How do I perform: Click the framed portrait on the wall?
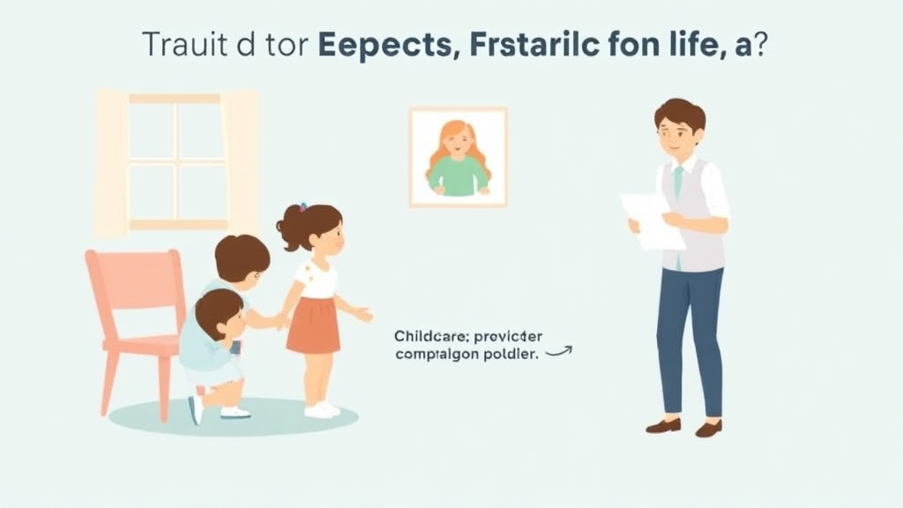(458, 157)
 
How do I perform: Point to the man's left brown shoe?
(663, 425)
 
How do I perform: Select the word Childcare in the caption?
(426, 335)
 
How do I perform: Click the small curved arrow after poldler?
(559, 351)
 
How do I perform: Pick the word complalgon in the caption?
(433, 354)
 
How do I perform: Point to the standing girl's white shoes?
(321, 409)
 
